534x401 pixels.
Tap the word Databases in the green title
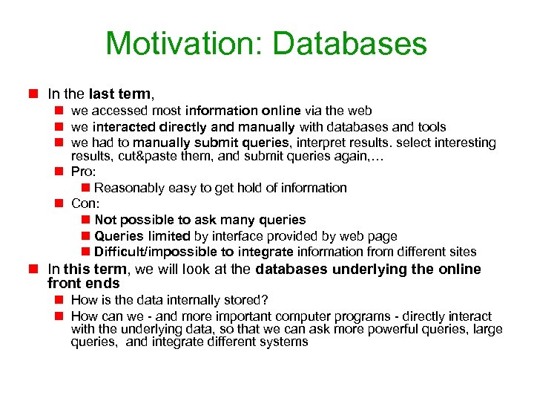tap(350, 44)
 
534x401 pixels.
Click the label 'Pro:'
tap(84, 172)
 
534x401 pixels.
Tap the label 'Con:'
tap(85, 203)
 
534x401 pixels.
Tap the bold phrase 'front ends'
tap(83, 284)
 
